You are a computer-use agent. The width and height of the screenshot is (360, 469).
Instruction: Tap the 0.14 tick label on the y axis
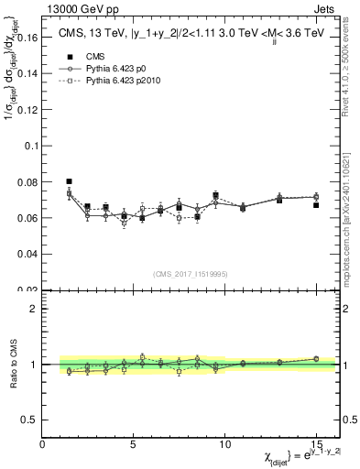(x=27, y=75)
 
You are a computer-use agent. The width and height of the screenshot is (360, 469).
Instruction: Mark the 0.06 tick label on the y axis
(x=27, y=218)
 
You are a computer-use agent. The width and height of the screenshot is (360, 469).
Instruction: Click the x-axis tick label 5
(x=135, y=445)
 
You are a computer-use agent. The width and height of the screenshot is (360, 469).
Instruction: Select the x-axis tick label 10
(x=225, y=445)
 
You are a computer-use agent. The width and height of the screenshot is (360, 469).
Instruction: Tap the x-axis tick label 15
(x=316, y=445)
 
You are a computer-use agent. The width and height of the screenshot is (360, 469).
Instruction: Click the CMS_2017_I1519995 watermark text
(x=191, y=273)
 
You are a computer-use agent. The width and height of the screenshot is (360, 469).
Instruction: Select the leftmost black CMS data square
(x=70, y=181)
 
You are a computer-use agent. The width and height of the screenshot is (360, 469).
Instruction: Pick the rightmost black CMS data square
(x=316, y=205)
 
